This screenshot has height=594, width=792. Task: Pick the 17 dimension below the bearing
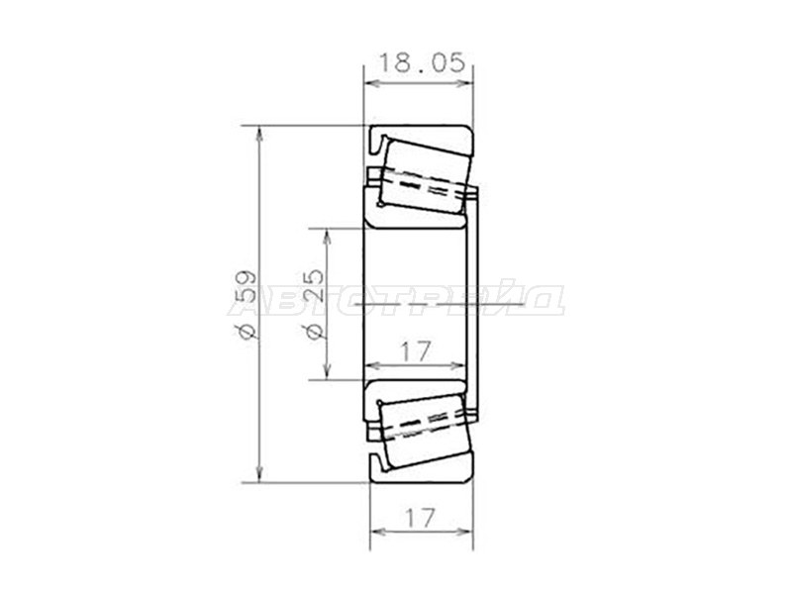coord(420,517)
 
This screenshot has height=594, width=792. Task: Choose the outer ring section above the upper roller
coord(421,135)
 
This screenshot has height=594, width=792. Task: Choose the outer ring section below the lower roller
coord(421,471)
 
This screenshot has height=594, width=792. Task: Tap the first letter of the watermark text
coord(243,300)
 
